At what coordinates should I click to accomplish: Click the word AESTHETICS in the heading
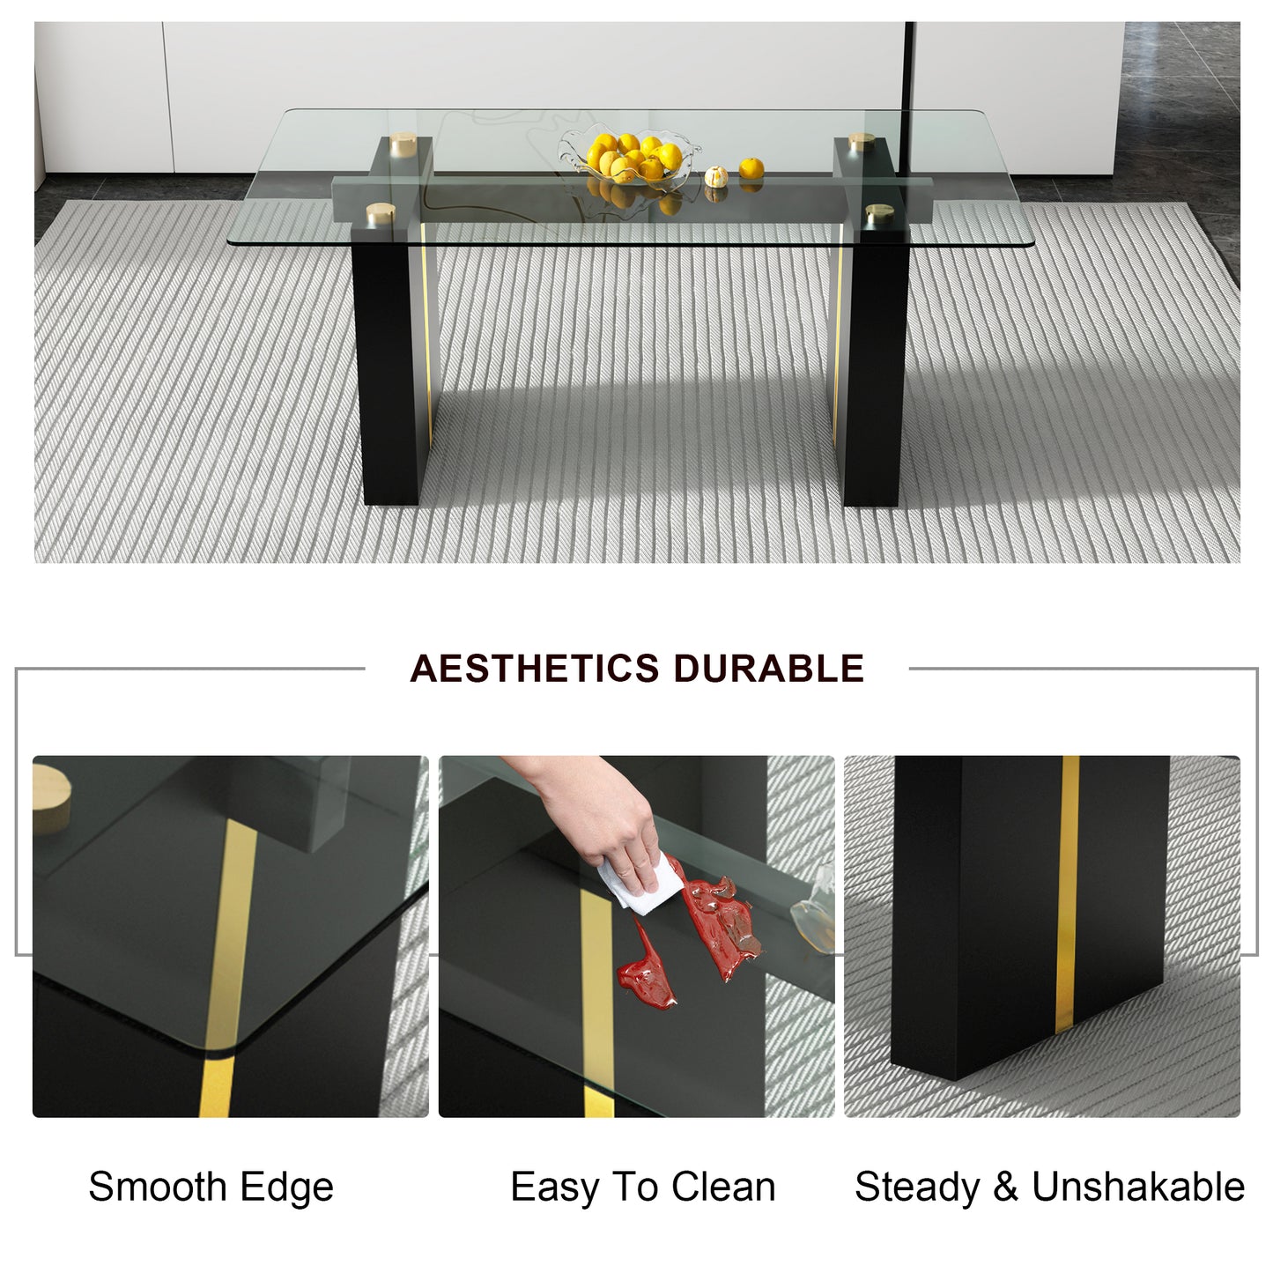coord(535,668)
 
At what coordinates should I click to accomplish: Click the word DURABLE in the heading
coord(769,668)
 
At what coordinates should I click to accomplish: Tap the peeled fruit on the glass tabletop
coord(716,176)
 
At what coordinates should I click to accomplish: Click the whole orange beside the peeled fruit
coord(751,167)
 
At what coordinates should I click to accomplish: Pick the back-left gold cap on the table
coord(403,144)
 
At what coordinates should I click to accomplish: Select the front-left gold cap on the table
coord(381,212)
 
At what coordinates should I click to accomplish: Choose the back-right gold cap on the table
coord(862,141)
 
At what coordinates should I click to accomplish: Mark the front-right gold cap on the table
coord(879,213)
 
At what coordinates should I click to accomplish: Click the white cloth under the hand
coord(640,884)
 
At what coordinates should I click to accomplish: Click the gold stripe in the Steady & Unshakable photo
coord(1067,894)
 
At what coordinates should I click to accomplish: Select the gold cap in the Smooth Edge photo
coord(51,798)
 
